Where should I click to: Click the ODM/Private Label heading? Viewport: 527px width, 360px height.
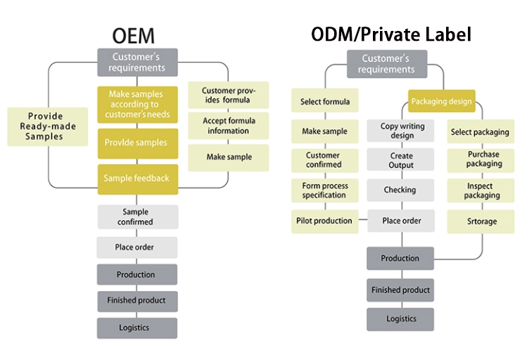(x=392, y=34)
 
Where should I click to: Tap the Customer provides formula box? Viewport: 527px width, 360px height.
(x=228, y=95)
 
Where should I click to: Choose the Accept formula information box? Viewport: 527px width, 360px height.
(x=228, y=126)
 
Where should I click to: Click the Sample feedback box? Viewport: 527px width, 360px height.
(x=136, y=178)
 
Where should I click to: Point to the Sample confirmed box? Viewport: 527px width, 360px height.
(x=137, y=217)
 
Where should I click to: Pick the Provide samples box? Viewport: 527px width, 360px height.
(x=136, y=143)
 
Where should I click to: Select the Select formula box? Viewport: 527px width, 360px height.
(x=325, y=101)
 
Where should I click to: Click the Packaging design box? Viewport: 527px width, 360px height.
(x=441, y=101)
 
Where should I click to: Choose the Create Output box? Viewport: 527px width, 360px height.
(x=400, y=160)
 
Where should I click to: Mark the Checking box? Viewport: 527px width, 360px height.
(x=400, y=190)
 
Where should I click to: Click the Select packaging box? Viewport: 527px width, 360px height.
(x=480, y=131)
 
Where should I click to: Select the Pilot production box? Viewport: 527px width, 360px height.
(x=324, y=221)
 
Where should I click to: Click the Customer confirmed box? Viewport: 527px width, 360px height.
(x=324, y=160)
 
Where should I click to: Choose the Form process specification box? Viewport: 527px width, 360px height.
(x=324, y=191)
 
